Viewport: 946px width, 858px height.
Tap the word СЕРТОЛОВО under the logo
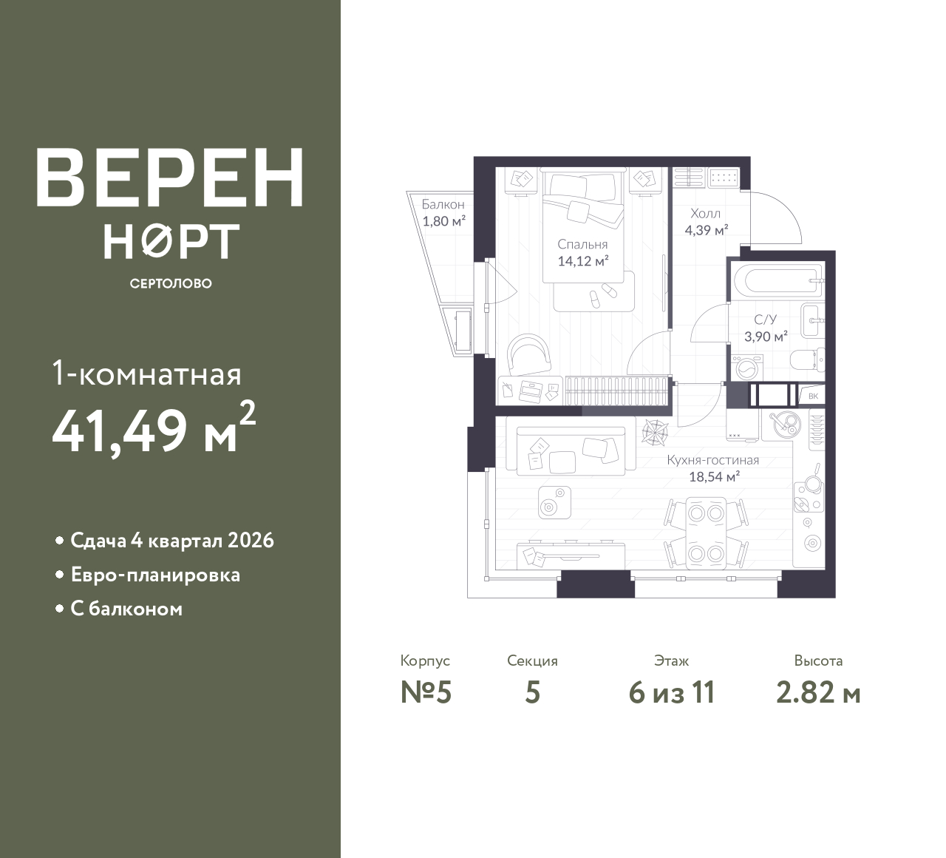[x=171, y=283]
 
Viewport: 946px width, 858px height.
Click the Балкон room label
[x=443, y=204]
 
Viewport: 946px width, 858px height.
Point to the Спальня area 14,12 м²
[x=583, y=261]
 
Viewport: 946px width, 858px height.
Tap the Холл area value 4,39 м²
[x=707, y=230]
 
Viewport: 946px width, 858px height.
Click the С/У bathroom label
[x=765, y=320]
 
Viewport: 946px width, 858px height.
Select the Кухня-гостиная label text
[x=712, y=460]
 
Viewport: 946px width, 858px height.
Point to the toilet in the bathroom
[x=807, y=360]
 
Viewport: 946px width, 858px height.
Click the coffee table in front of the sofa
[x=555, y=502]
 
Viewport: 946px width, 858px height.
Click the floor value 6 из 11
[x=672, y=693]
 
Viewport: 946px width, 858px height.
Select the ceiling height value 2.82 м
[x=818, y=693]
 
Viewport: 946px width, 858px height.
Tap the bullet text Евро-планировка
[x=156, y=575]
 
